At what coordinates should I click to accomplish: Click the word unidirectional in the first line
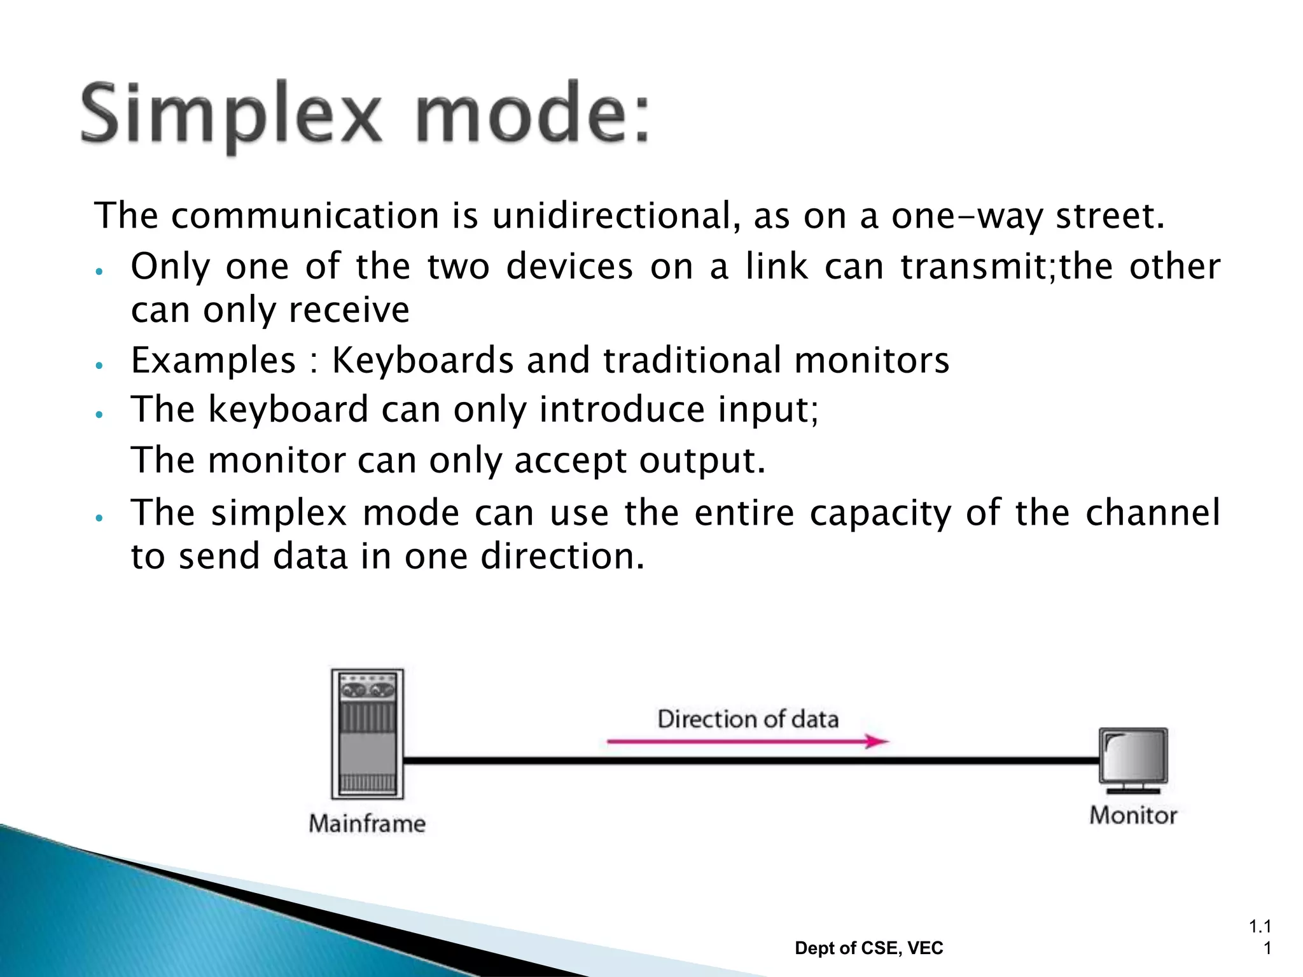tap(611, 216)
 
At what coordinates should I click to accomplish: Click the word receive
tap(349, 310)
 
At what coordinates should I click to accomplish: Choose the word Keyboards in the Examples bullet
tap(422, 360)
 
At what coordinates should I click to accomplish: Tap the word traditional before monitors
tap(692, 360)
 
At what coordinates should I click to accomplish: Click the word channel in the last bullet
tap(1152, 513)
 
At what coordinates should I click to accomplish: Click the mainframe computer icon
tap(367, 733)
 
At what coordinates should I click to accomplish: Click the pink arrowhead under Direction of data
tap(877, 741)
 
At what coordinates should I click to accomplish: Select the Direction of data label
tap(748, 719)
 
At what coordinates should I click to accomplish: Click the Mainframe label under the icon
tap(367, 823)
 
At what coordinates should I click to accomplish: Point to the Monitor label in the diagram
tap(1132, 815)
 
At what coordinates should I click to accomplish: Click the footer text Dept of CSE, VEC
tap(868, 948)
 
